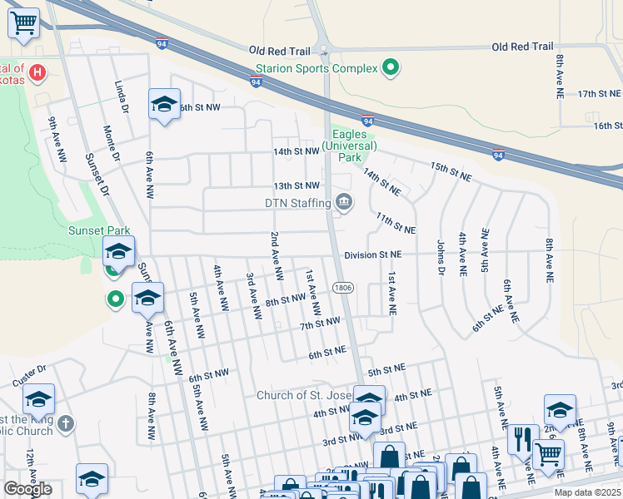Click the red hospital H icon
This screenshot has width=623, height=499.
[x=37, y=74]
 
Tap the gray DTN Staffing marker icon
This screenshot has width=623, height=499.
[x=343, y=202]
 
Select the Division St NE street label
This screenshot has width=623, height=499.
[x=372, y=254]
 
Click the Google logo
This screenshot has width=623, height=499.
[x=27, y=489]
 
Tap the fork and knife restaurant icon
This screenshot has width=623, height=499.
[x=522, y=438]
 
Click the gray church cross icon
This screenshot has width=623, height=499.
[x=65, y=424]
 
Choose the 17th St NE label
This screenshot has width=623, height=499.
[x=599, y=94]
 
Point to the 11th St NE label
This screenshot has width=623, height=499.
[x=395, y=222]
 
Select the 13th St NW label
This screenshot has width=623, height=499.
[x=297, y=185]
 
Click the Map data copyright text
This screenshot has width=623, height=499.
[x=587, y=492]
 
